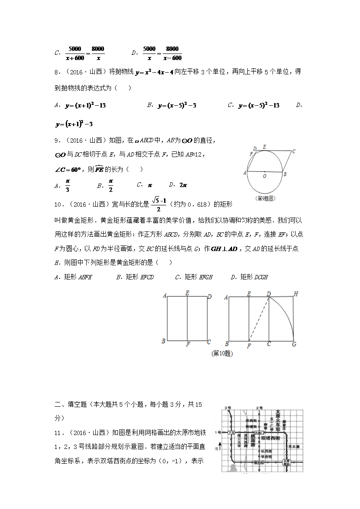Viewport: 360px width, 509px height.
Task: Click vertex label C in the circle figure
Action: coord(294,151)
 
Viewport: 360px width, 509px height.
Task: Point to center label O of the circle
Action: coord(264,177)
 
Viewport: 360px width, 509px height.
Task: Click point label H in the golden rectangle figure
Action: coord(296,294)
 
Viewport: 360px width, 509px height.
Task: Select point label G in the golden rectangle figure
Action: coord(294,344)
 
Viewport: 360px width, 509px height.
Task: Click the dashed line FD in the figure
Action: coord(259,319)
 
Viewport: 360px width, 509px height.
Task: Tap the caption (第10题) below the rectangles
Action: coord(222,354)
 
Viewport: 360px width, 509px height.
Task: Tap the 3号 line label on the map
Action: coord(227,408)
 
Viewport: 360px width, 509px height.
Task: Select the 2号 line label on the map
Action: coord(259,408)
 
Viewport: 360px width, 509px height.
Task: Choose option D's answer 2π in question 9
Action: coord(183,184)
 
